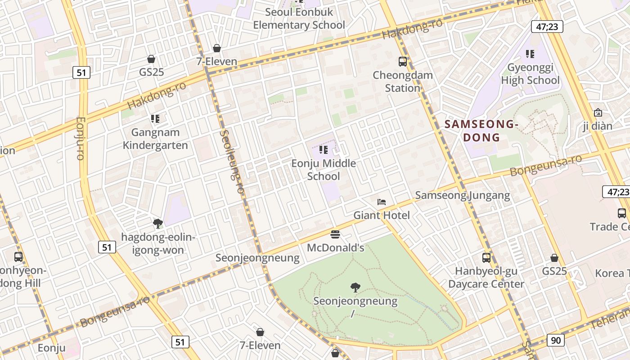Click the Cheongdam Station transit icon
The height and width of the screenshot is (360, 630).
[x=402, y=62]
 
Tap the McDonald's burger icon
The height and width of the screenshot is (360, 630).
[x=335, y=234]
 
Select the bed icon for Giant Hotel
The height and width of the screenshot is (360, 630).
[x=382, y=202]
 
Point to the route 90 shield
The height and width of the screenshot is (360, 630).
[x=556, y=340]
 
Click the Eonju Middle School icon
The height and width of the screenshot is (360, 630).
[x=323, y=149]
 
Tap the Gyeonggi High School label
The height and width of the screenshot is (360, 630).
[x=530, y=74]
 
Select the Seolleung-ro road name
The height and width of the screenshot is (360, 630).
[x=232, y=162]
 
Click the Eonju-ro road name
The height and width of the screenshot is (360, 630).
[x=81, y=138]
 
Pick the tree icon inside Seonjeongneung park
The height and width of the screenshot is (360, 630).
[x=355, y=287]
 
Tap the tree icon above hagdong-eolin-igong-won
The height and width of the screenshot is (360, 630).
[x=157, y=223]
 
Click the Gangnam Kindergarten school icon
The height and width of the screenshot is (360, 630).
[x=155, y=119]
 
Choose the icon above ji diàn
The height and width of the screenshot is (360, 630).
[x=598, y=112]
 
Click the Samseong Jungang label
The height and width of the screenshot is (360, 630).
[x=462, y=195]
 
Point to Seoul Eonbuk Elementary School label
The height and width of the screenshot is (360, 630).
[x=299, y=18]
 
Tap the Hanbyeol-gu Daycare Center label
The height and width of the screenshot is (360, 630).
[x=486, y=278]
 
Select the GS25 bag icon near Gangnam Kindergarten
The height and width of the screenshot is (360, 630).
[x=151, y=59]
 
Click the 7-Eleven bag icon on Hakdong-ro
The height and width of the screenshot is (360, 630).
[x=217, y=48]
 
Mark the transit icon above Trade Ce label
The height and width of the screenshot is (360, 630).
[x=622, y=213]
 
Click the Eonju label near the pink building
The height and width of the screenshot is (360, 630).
[x=52, y=348]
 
